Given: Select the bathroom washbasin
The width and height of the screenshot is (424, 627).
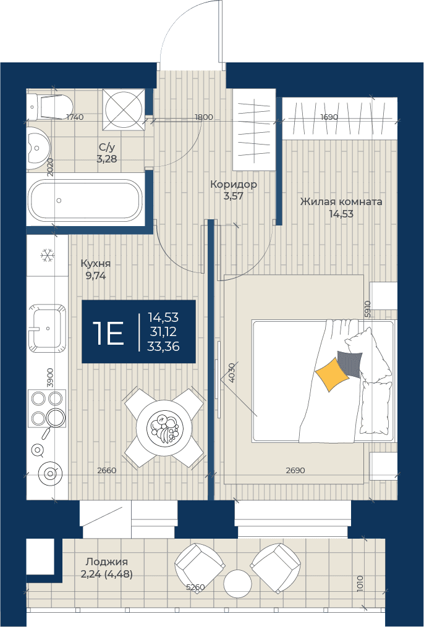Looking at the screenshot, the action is [39, 148].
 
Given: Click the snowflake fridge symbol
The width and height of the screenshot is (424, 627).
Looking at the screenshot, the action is [48, 256].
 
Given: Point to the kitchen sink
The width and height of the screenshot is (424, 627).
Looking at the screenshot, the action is [47, 328].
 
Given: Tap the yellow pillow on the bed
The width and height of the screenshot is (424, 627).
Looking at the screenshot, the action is [332, 374].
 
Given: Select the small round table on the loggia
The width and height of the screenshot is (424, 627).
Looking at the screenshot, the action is [237, 583].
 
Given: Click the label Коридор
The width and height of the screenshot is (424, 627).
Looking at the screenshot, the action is [234, 185].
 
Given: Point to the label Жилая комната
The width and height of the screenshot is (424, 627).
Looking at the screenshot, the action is [341, 202].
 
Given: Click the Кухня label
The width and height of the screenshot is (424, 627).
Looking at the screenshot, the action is [96, 264].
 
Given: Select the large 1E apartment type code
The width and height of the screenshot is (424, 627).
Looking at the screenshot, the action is [108, 332].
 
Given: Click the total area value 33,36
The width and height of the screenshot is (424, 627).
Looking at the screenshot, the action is [163, 347].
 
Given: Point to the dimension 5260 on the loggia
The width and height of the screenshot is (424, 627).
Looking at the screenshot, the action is [195, 587].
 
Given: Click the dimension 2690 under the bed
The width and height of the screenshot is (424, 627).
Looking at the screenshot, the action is [295, 471].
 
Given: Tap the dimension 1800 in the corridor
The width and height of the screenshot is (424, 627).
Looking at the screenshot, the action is [203, 117].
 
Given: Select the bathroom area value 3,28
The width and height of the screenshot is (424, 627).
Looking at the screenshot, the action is [106, 159].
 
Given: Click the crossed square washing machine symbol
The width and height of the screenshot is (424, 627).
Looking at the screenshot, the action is [124, 109].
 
